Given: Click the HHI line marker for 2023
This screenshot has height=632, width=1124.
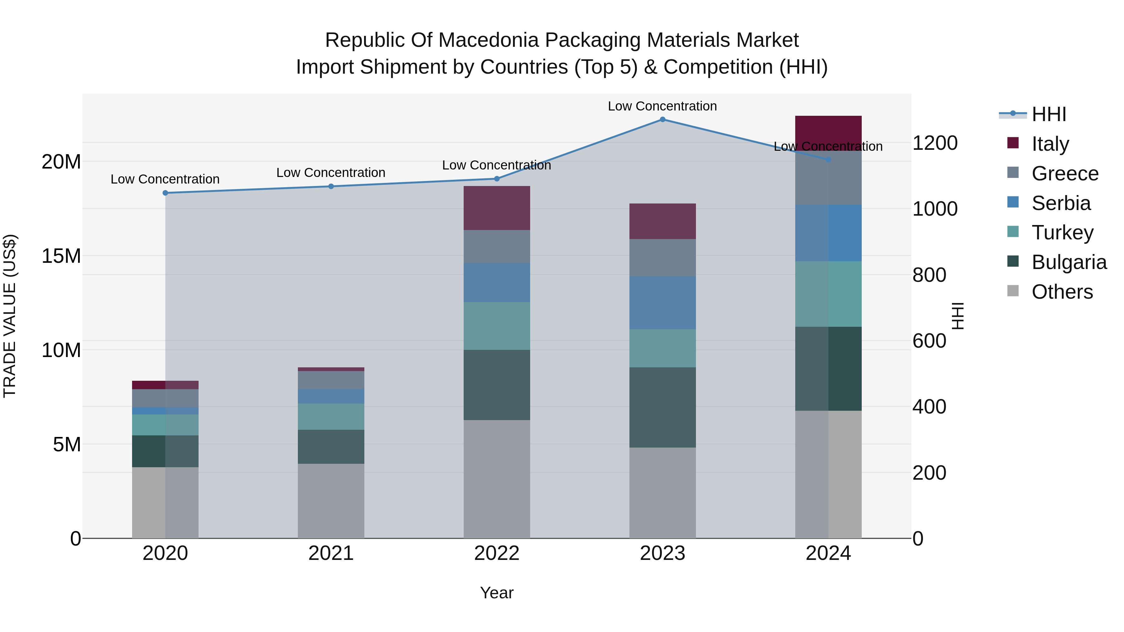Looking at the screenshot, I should (x=662, y=120).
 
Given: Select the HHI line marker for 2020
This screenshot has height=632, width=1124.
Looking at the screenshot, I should (x=165, y=193).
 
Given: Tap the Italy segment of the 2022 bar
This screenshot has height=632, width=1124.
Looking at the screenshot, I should (x=496, y=208).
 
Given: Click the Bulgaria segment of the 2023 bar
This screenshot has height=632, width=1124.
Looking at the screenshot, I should (x=662, y=407).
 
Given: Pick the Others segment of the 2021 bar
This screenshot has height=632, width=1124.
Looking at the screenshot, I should (x=331, y=501).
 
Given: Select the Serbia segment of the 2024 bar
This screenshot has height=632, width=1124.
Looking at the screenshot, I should (x=828, y=233).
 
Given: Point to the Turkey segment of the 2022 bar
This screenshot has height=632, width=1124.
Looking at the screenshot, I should (x=496, y=326).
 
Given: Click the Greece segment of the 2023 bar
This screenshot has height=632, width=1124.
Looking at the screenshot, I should (x=662, y=257).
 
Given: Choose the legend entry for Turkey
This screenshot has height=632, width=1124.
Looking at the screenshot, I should (x=1062, y=233).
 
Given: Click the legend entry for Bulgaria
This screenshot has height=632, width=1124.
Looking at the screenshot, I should (x=1069, y=262).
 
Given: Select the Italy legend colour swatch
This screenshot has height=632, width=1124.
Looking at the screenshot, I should (x=1013, y=143).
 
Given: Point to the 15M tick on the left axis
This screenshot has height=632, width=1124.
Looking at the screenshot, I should (x=61, y=256).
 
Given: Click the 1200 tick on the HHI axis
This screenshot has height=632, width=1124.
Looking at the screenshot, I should (x=935, y=143).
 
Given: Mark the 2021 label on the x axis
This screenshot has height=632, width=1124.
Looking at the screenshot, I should (x=331, y=553).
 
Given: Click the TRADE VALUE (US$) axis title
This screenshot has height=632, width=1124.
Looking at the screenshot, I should (x=10, y=316).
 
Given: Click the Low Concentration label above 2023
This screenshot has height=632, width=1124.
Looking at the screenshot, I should (x=662, y=106).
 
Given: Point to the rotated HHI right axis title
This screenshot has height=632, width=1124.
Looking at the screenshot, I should (x=958, y=316).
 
